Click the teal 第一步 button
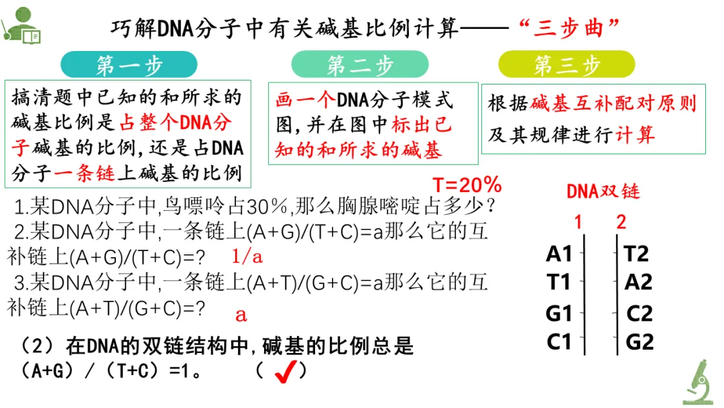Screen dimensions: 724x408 coord(129,64)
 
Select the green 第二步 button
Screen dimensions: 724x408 coord(360,64)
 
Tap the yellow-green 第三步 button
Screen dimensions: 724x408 coord(566,64)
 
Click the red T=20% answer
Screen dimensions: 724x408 coord(467,185)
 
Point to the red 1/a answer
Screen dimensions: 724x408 coord(247,256)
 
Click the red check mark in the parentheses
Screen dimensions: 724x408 coord(286,371)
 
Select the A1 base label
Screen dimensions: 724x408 coord(558,254)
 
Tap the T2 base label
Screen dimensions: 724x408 coord(636,254)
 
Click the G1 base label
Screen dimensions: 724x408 coord(558,314)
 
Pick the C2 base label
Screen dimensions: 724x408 coord(640,314)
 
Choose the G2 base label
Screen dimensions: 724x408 coord(640,342)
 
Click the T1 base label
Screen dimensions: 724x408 coord(558,282)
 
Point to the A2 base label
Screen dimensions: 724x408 coord(638,282)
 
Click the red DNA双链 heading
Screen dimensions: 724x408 coord(603,191)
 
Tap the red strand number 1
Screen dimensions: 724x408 coord(578,222)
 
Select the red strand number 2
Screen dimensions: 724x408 coord(621,222)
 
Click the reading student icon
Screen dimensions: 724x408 coord(21,25)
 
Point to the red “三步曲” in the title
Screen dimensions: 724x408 coord(568,28)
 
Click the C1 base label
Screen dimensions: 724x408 coord(558,342)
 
